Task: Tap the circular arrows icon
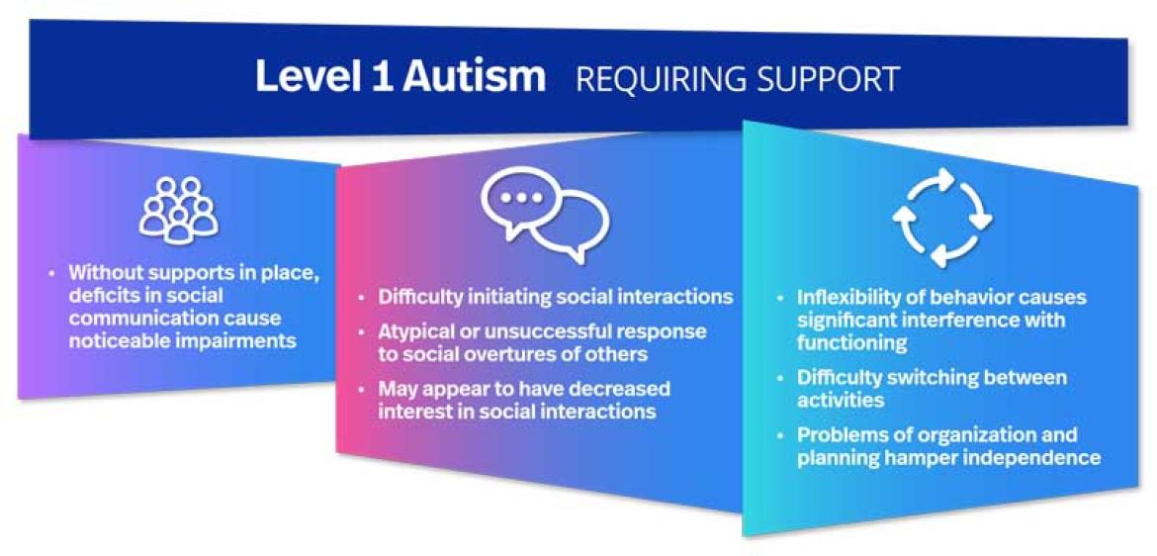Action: tap(942, 217)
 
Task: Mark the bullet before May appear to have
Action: tap(365, 388)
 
